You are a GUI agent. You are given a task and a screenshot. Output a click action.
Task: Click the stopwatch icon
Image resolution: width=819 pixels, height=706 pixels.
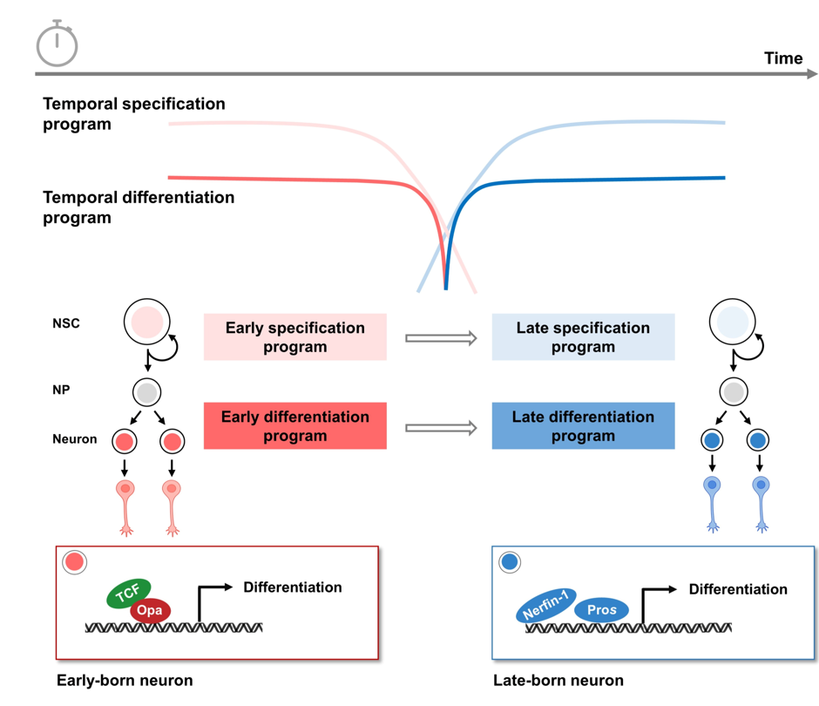coord(58,44)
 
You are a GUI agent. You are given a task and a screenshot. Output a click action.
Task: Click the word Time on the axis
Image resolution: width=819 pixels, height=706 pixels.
coord(782,58)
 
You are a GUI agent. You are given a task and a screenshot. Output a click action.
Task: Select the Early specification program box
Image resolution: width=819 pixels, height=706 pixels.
coord(294,337)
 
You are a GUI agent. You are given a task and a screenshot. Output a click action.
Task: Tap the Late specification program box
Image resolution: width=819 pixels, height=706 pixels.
coord(583,337)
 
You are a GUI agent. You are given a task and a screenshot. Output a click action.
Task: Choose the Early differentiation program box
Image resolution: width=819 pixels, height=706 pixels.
coord(294,426)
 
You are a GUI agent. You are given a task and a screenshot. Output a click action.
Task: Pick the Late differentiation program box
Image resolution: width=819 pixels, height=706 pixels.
coord(583,426)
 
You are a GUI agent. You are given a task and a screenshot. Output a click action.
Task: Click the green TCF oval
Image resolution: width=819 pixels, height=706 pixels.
coord(129,594)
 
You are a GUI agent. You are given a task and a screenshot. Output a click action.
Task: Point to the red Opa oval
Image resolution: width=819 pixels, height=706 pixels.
coord(150,610)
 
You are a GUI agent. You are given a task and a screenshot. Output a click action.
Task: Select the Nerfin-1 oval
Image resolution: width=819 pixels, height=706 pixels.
coord(546,605)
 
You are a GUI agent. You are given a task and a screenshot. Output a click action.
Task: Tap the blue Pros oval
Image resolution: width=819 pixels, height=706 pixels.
coord(601,610)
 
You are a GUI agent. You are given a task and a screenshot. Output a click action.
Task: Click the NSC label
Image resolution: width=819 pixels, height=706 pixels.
coord(65,324)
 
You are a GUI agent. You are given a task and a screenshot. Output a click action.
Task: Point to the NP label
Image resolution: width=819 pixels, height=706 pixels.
coord(61,390)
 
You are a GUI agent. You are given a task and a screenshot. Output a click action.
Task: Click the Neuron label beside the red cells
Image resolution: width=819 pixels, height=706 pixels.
coord(74,439)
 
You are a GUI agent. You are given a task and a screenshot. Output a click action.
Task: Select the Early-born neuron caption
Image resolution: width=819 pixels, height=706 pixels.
coord(125,681)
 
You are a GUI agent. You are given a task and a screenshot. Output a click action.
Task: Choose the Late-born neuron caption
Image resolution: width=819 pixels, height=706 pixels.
coord(558,681)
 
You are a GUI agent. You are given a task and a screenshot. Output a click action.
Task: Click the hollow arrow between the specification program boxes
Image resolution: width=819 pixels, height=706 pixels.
coord(441,337)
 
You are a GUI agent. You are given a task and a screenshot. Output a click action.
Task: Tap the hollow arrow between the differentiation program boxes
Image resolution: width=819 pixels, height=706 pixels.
coord(441,427)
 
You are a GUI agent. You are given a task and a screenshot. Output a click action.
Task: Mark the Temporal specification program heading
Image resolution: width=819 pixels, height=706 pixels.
coord(134,113)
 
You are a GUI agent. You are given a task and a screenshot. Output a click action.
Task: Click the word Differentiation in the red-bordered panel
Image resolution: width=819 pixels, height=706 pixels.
coord(293,587)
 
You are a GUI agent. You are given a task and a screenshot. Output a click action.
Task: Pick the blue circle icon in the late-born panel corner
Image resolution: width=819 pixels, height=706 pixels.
coord(510,563)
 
